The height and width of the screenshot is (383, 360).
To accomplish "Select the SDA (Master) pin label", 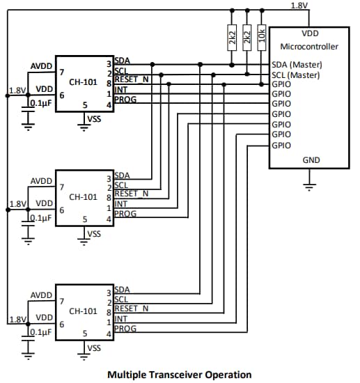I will [297, 64].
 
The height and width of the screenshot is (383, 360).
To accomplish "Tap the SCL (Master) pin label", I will [297, 74].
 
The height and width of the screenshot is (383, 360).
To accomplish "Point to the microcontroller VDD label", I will [311, 33].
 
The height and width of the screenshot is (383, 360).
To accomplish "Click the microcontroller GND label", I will [311, 159].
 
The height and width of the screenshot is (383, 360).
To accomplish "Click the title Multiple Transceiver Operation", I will [180, 375].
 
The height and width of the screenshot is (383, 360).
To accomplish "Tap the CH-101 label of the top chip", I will [82, 81].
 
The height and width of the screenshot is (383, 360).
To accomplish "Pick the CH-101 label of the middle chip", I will [82, 196].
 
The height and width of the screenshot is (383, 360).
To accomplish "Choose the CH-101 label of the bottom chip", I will [82, 311].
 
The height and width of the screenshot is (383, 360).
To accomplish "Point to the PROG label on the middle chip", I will [125, 214].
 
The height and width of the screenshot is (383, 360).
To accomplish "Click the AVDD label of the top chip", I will [41, 67].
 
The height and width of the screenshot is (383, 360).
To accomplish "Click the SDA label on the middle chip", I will [121, 175].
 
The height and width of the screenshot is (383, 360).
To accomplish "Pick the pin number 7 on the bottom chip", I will [63, 302].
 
